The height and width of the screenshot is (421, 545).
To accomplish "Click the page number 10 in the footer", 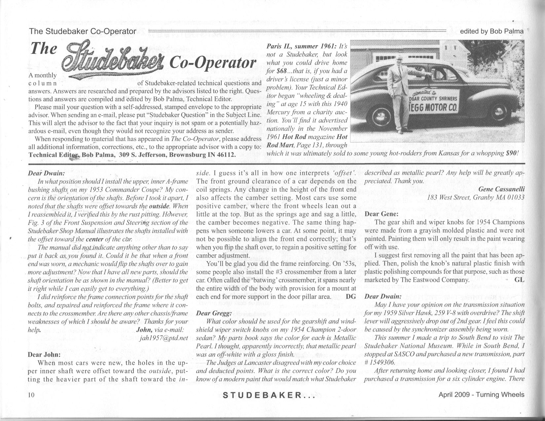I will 32,395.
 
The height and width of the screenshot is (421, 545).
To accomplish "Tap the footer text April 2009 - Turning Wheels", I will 481,395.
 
